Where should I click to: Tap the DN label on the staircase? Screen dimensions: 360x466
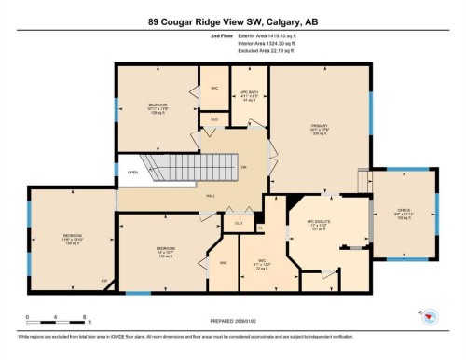tap(244, 167)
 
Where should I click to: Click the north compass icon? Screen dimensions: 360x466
tap(430, 318)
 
